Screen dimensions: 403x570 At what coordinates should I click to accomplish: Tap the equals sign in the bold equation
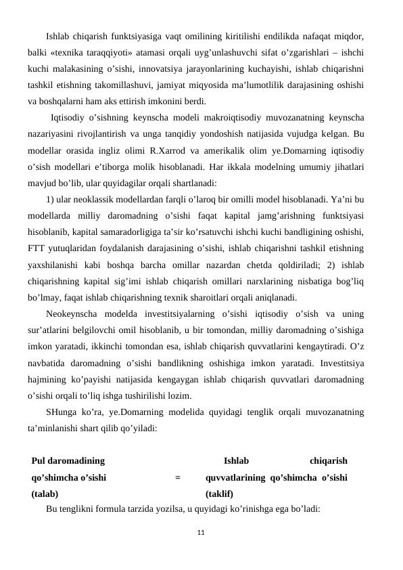[x=177, y=477]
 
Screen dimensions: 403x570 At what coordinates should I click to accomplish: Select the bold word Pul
[x=39, y=460]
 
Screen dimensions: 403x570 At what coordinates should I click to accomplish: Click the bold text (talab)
[x=45, y=494]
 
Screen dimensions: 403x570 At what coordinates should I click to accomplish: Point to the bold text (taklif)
[x=219, y=494]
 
